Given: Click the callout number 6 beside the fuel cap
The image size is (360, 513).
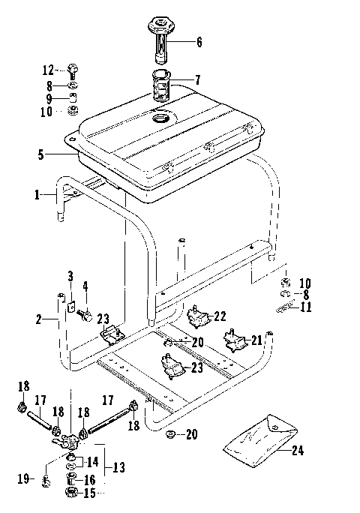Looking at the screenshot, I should pos(199,42).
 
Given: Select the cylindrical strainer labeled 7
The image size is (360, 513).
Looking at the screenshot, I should pos(162,86).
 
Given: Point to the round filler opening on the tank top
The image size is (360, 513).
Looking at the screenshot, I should pos(161,118).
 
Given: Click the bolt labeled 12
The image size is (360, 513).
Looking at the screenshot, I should pos(73,71).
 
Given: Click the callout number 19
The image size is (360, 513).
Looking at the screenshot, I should pos(23,476).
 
